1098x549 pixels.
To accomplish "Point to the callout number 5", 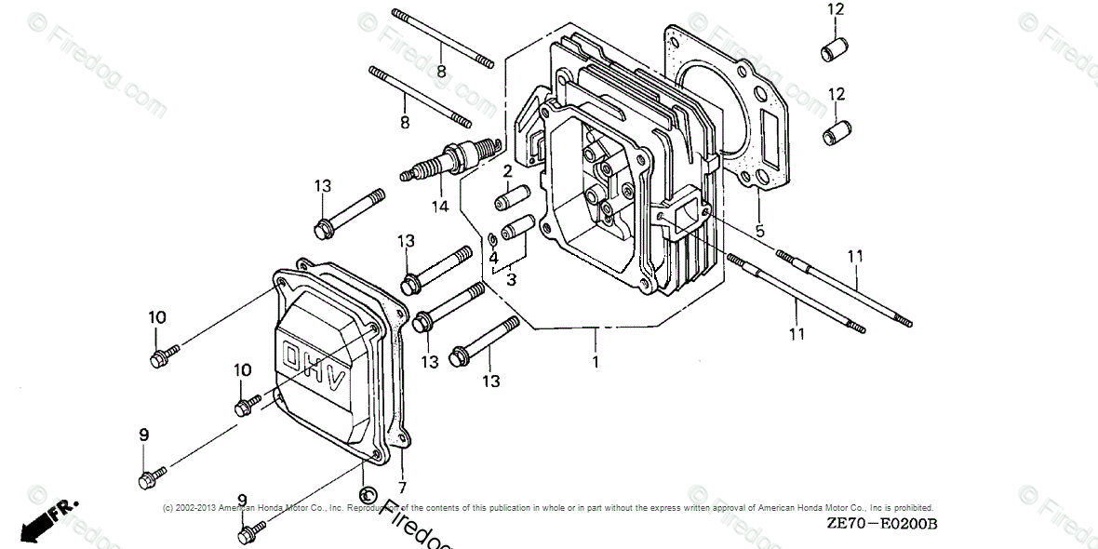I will (759, 231).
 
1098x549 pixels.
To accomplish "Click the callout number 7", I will (402, 488).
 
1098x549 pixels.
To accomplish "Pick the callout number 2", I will (507, 171).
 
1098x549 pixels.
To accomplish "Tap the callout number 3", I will (512, 278).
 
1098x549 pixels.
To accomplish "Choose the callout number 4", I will (494, 257).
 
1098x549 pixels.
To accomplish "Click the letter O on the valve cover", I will (293, 356).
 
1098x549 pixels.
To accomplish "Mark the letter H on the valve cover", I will (315, 368).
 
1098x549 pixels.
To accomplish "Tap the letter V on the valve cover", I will (336, 380).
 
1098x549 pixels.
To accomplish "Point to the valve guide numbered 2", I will (513, 198).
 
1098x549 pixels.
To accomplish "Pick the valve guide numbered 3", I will (516, 226).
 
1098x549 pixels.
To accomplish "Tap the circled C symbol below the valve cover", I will (366, 491).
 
